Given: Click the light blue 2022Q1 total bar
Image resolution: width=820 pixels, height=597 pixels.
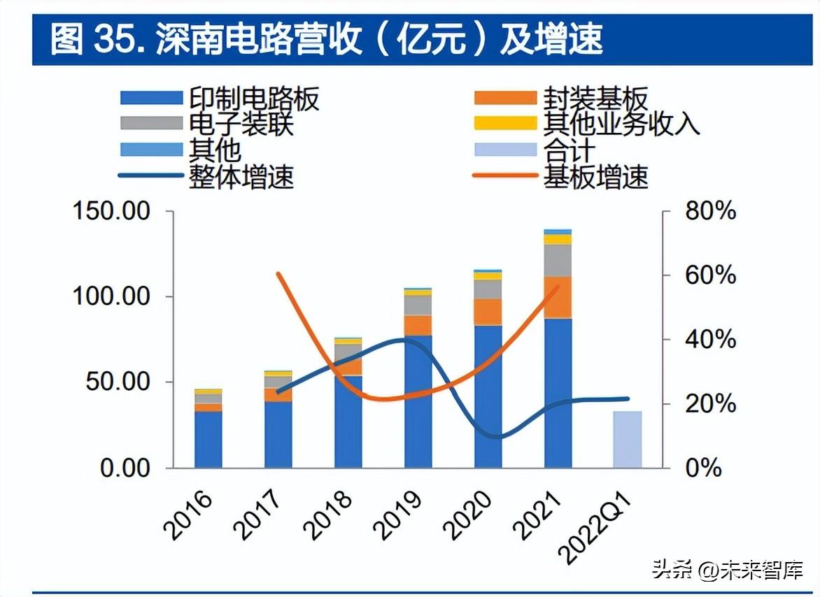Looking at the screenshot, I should (628, 440).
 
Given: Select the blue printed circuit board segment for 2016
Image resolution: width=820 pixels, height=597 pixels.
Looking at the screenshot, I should (208, 440).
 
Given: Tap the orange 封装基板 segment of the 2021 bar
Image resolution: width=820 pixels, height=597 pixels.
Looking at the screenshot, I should (558, 298).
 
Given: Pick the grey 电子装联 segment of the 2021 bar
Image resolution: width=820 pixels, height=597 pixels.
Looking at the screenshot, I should (558, 261).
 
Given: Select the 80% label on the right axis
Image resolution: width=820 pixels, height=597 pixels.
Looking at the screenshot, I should (710, 211).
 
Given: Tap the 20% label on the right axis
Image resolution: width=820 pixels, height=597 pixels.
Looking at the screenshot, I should (710, 404).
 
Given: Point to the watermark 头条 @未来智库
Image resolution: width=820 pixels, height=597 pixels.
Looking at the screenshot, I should (728, 570).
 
